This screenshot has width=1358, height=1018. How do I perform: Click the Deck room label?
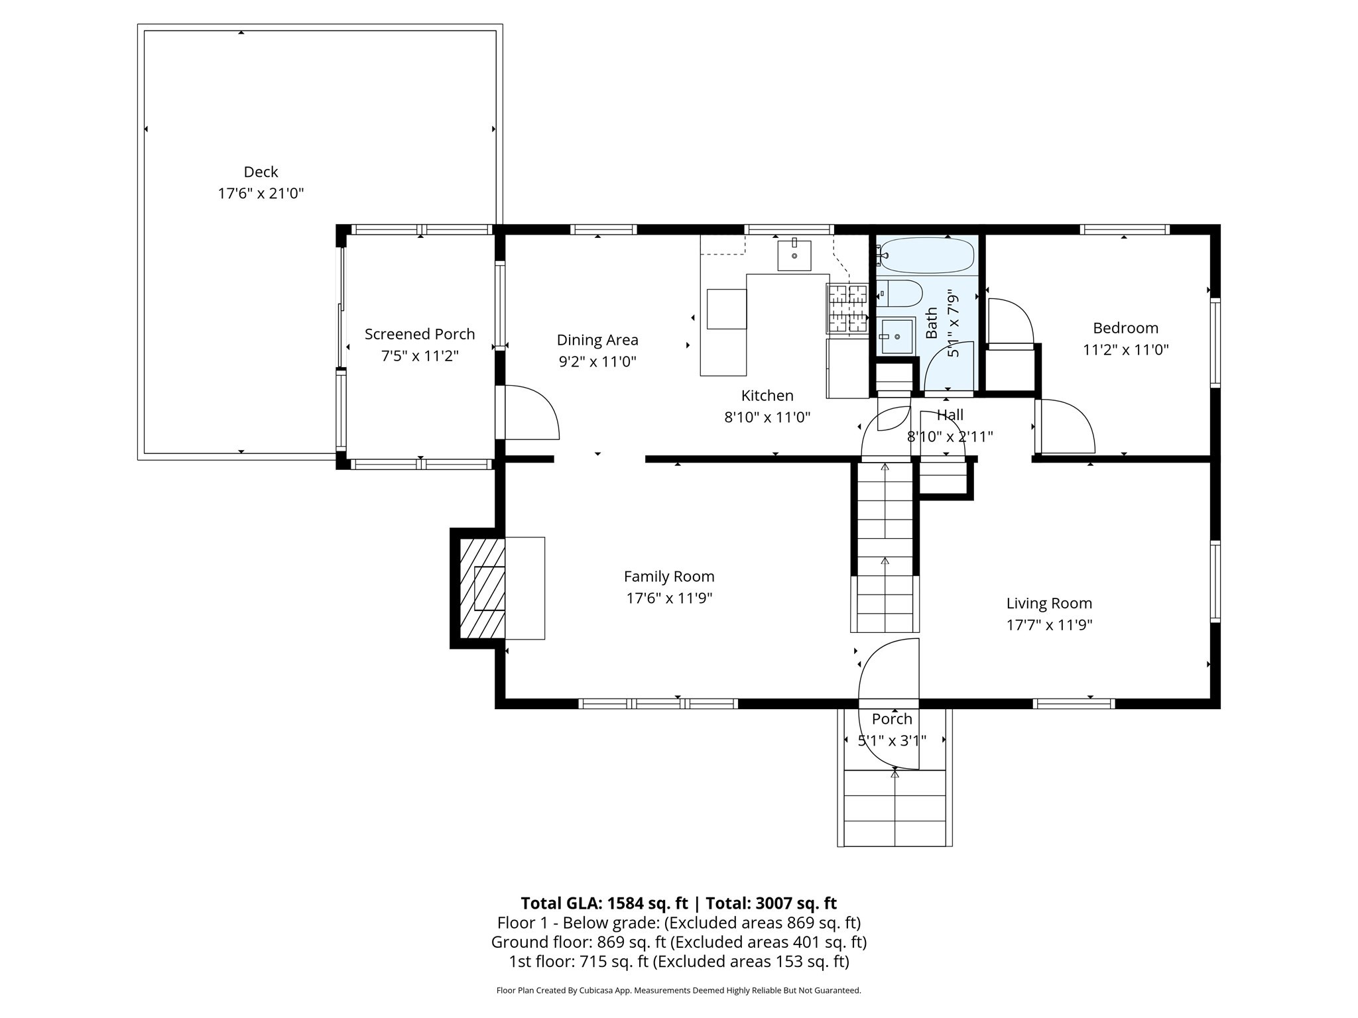pyautogui.click(x=261, y=172)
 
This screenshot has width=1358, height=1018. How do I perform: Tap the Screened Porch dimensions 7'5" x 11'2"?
pyautogui.click(x=419, y=356)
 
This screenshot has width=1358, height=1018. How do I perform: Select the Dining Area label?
pyautogui.click(x=597, y=340)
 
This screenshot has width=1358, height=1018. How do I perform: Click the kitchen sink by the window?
pyautogui.click(x=794, y=255)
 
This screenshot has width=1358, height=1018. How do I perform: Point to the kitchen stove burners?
pyautogui.click(x=847, y=308)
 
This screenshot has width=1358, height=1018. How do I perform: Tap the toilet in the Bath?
pyautogui.click(x=900, y=293)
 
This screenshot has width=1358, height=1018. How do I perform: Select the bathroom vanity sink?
pyautogui.click(x=896, y=337)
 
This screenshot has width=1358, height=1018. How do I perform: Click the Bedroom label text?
pyautogui.click(x=1125, y=328)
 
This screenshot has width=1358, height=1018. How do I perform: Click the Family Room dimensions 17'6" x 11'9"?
pyautogui.click(x=669, y=598)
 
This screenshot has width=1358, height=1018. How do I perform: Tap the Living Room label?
pyautogui.click(x=1049, y=603)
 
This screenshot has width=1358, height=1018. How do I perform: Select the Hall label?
pyautogui.click(x=950, y=416)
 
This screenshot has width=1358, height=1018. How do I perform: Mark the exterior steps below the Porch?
pyautogui.click(x=895, y=808)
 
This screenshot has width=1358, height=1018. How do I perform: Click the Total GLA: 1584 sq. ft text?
pyautogui.click(x=604, y=903)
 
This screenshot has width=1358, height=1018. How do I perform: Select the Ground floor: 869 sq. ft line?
pyautogui.click(x=678, y=942)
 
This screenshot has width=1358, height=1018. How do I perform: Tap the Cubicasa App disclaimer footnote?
pyautogui.click(x=678, y=991)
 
